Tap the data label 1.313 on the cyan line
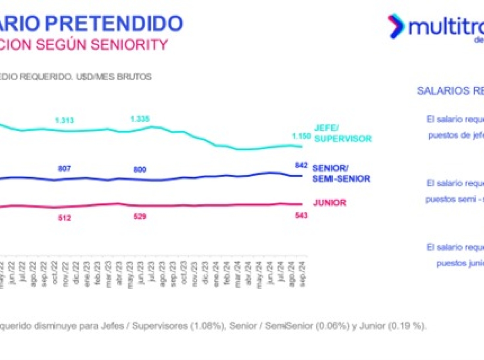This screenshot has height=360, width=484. [x=65, y=120]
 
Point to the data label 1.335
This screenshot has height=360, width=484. [x=140, y=119]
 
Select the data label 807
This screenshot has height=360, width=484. [x=65, y=168]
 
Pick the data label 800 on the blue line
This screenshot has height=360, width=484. [x=140, y=170]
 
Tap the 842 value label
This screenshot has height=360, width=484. [x=301, y=165]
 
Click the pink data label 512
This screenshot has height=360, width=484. [x=65, y=218]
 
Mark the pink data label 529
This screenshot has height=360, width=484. [x=140, y=217]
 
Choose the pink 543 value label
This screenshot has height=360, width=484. [x=301, y=216]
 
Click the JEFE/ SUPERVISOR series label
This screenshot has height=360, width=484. [x=342, y=134]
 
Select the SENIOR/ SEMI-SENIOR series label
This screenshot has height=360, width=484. [x=341, y=174]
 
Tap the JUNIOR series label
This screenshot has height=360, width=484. [x=330, y=203]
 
